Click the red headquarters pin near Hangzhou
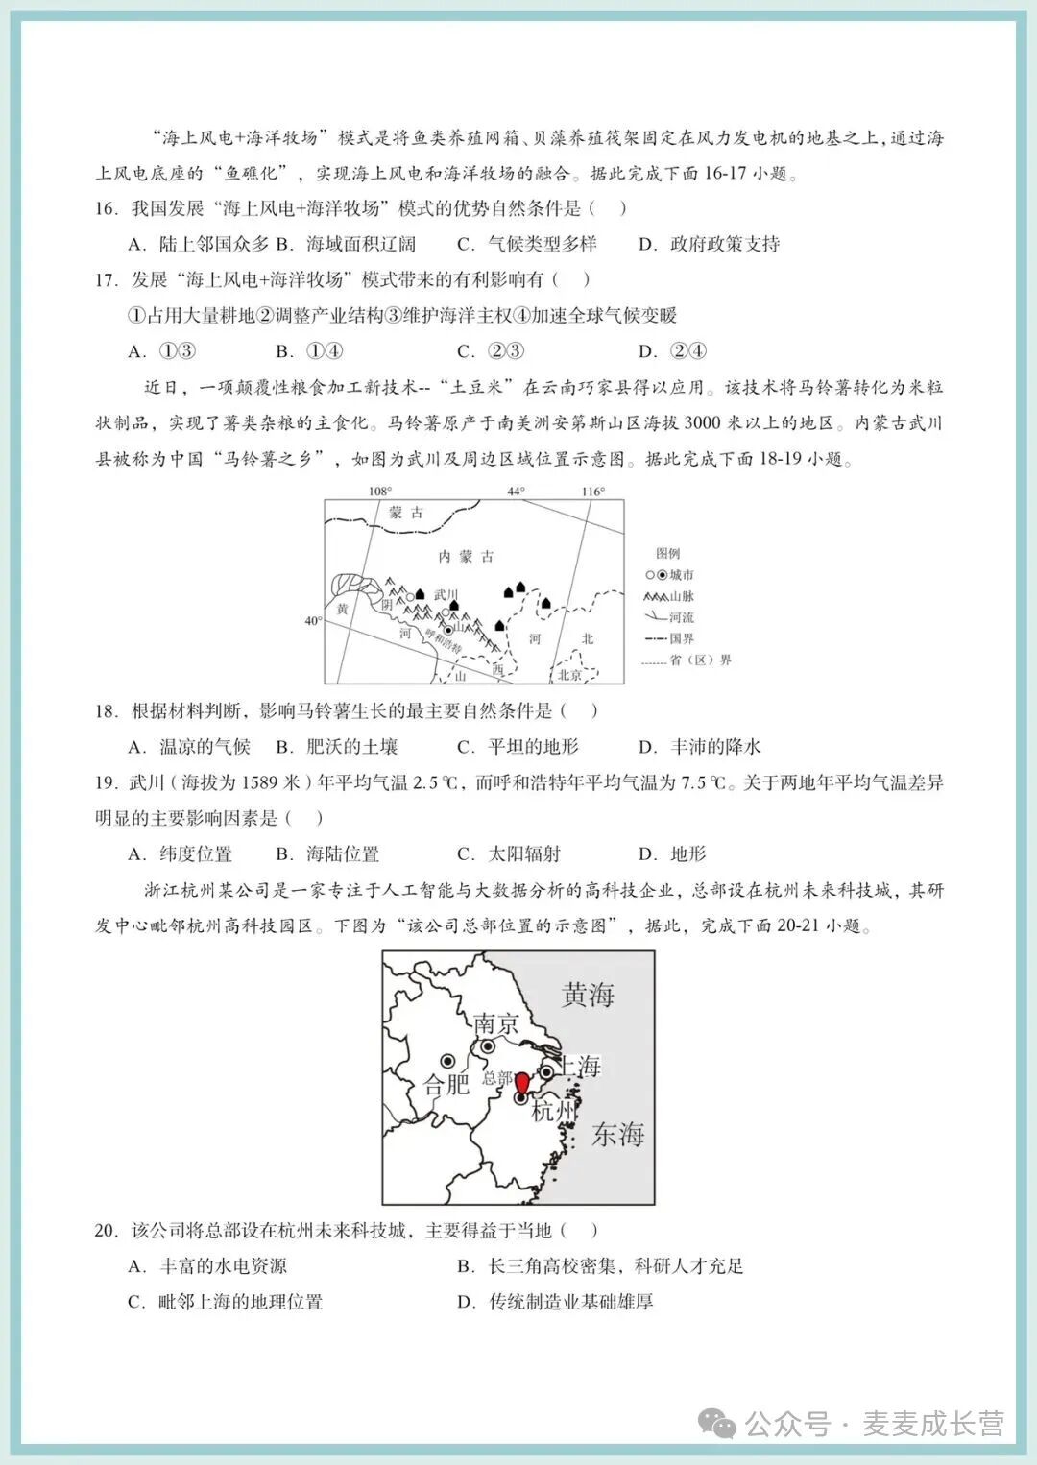521,1083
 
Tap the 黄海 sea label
588,996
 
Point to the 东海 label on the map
617,1135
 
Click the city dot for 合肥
447,1061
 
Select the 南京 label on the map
496,1023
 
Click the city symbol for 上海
546,1071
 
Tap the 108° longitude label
380,492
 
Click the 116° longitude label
593,492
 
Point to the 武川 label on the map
446,595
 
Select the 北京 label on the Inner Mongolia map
570,675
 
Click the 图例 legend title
668,554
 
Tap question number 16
106,208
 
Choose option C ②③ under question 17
491,351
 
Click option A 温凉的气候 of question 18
189,747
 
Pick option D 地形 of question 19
672,854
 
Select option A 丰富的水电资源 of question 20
207,1266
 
